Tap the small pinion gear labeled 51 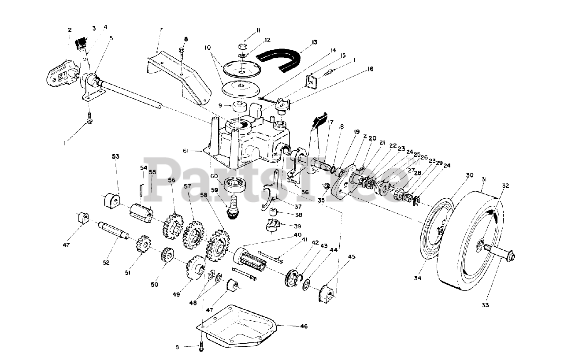[x=142, y=245]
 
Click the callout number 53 [x=115, y=156]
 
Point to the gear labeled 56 [x=173, y=224]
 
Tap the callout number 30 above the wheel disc [x=469, y=175]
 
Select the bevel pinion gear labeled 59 [x=233, y=212]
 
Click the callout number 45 [x=351, y=256]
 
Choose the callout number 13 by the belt [x=314, y=42]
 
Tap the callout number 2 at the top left [x=70, y=30]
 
